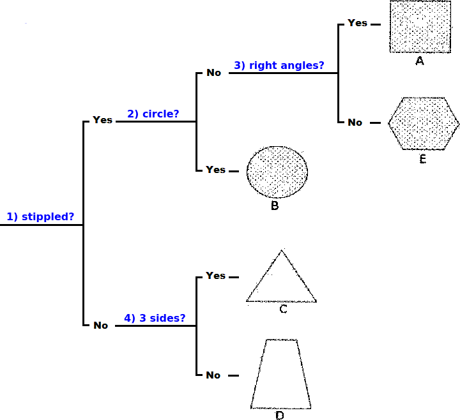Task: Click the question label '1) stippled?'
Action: click(40, 217)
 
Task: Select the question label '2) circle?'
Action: click(153, 114)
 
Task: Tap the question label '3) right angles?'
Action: click(279, 65)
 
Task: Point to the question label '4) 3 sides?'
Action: click(155, 318)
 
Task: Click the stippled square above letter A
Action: click(420, 27)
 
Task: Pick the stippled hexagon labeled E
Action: click(424, 124)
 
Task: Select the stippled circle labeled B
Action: click(277, 172)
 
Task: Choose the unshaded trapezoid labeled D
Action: click(280, 374)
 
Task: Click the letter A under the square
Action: click(420, 61)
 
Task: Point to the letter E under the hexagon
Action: click(422, 159)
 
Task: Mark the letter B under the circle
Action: click(275, 206)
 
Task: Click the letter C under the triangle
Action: click(283, 309)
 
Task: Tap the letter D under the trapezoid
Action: click(280, 416)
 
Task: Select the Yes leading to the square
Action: click(357, 23)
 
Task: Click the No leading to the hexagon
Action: click(355, 123)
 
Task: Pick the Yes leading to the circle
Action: click(216, 170)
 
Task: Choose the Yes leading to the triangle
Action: click(216, 276)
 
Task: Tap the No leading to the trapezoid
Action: click(213, 375)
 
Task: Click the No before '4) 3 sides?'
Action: click(101, 326)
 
